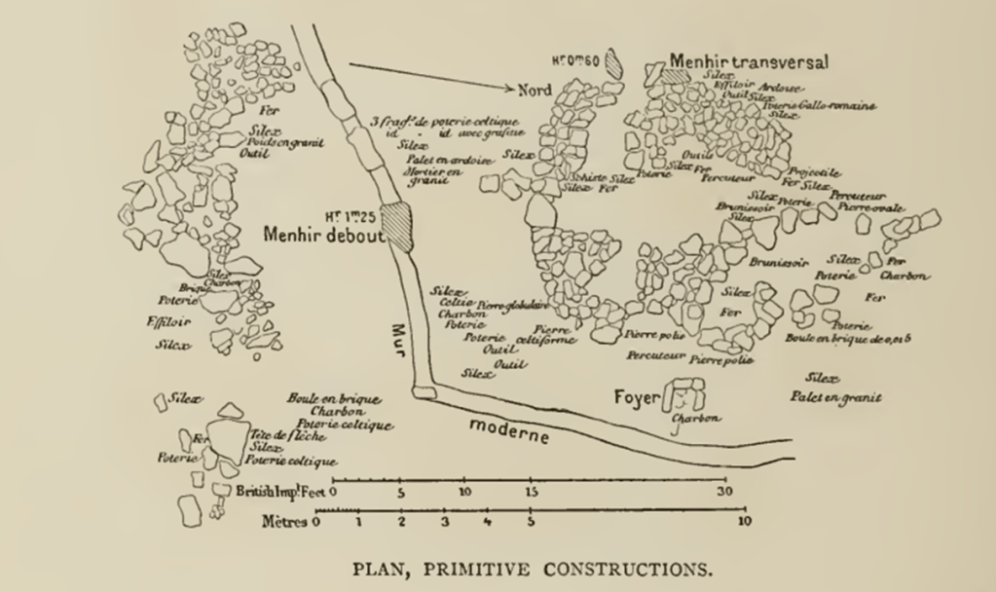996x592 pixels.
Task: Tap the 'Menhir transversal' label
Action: [748, 61]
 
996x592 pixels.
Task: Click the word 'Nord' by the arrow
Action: [535, 90]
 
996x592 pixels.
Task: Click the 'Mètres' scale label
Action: [284, 522]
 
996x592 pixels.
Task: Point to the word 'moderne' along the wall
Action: [509, 430]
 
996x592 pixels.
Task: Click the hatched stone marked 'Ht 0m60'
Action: [613, 62]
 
